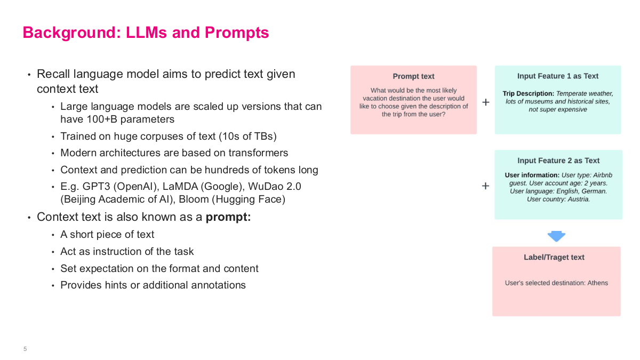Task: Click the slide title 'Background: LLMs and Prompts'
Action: click(x=146, y=33)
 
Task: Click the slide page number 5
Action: click(x=25, y=349)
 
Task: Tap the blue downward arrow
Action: click(x=556, y=236)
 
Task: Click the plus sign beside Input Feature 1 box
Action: click(x=486, y=102)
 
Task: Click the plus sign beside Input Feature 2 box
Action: click(x=485, y=186)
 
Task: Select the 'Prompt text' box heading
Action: click(x=413, y=76)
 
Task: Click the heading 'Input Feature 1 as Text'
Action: click(x=558, y=76)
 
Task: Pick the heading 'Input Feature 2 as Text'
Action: click(x=558, y=161)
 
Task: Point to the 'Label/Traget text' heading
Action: click(x=554, y=257)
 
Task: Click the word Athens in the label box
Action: click(x=597, y=283)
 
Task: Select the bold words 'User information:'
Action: click(x=532, y=175)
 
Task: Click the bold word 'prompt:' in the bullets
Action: click(x=228, y=217)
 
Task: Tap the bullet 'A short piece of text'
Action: click(x=107, y=234)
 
